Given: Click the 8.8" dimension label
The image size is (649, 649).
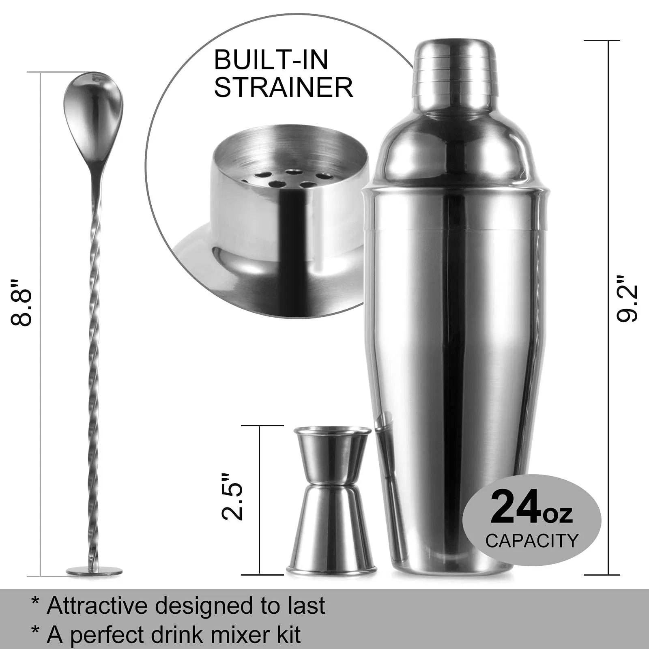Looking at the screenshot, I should [x=21, y=302].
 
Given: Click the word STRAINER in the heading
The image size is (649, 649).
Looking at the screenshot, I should [x=283, y=87].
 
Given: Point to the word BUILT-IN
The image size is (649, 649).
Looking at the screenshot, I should [x=271, y=60].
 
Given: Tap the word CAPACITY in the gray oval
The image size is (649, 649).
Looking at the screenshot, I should [x=532, y=541].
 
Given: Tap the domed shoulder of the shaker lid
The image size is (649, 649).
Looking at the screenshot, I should [x=455, y=146].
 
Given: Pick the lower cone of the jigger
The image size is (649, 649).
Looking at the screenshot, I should [x=331, y=527].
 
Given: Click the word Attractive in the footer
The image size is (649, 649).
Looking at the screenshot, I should [x=97, y=606].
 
